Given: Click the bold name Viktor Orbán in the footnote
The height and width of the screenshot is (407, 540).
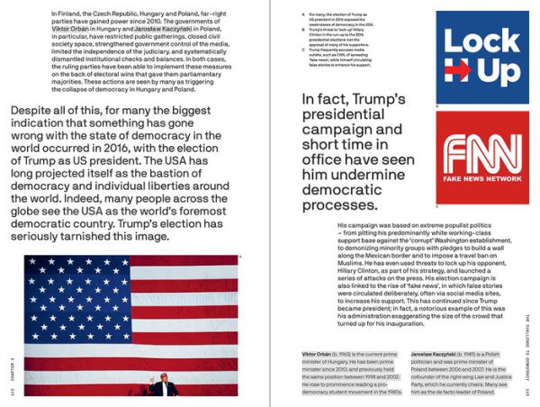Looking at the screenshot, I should pyautogui.click(x=319, y=356).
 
